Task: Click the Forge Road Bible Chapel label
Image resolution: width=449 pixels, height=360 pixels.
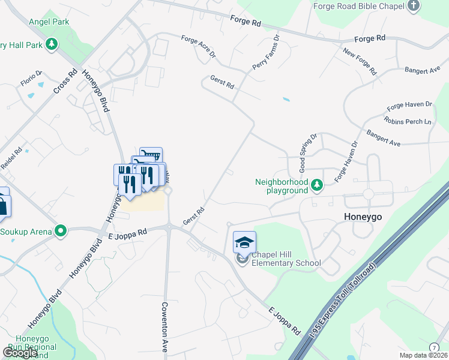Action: tap(359, 6)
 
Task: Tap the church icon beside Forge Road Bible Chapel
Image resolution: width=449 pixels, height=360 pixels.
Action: tap(413, 6)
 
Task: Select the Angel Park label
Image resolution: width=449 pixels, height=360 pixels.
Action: tap(49, 22)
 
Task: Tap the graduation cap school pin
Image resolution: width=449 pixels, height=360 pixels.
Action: tap(244, 242)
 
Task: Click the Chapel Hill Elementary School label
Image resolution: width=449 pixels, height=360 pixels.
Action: tap(286, 259)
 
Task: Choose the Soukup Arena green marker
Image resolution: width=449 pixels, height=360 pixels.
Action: tap(61, 230)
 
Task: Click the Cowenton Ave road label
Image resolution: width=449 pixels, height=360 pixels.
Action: tap(164, 326)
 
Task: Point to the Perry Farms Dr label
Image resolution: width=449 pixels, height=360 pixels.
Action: tap(266, 52)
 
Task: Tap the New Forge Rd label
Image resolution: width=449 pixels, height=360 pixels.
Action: tap(360, 62)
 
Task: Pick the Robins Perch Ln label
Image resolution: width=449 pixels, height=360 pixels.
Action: tap(409, 122)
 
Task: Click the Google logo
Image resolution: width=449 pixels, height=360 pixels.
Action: tap(20, 352)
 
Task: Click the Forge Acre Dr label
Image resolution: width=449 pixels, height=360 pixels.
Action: tap(198, 47)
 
